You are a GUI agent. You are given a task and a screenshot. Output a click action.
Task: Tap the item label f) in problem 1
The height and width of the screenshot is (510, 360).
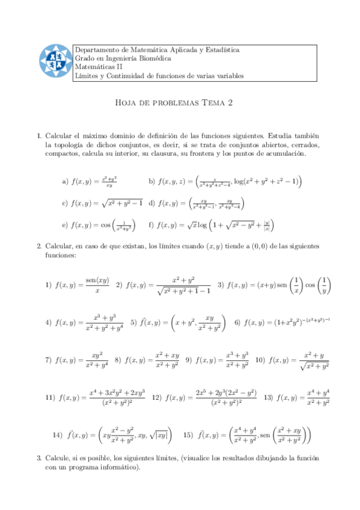pyautogui.click(x=151, y=226)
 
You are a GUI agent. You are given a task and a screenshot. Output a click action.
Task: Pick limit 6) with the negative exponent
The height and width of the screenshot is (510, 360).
pyautogui.click(x=282, y=322)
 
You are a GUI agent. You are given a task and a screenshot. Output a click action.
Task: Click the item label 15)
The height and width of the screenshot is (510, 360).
pyautogui.click(x=188, y=434)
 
